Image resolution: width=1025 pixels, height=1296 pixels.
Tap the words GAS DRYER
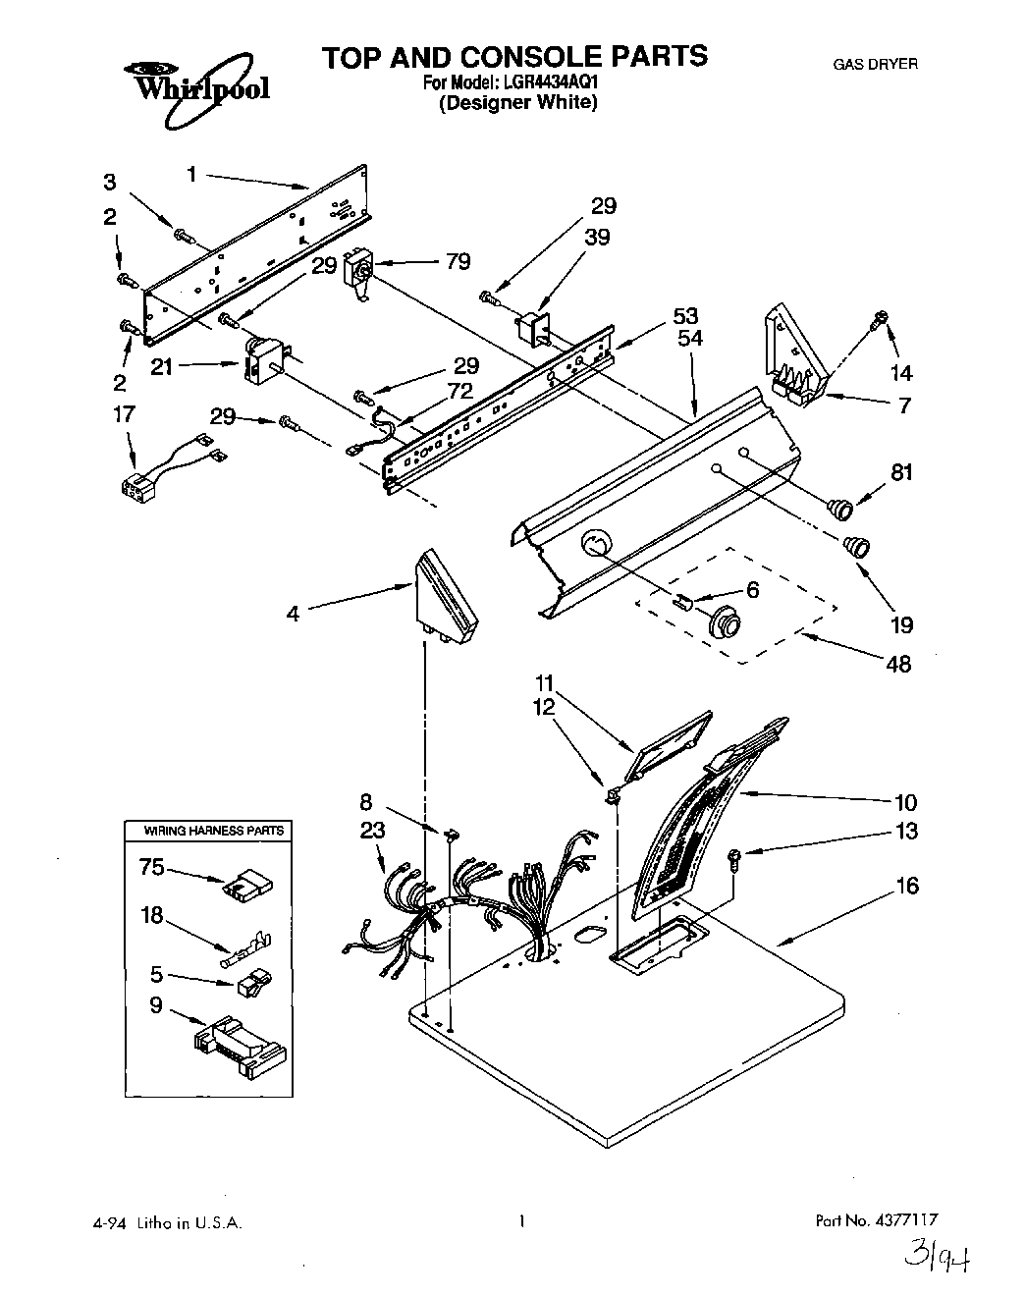point(875,64)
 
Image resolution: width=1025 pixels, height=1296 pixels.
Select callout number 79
point(457,261)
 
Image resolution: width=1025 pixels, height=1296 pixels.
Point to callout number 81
point(901,472)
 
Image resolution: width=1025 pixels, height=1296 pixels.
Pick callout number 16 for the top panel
point(907,886)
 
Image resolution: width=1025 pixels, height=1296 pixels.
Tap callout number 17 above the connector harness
point(124,414)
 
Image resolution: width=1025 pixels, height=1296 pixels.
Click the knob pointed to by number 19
point(857,546)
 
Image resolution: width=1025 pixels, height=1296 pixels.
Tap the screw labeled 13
point(734,860)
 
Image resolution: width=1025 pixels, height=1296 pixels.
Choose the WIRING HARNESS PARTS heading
point(214,831)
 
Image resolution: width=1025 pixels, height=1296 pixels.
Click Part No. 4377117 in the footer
point(877,1222)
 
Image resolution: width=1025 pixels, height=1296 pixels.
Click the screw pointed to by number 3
point(182,235)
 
